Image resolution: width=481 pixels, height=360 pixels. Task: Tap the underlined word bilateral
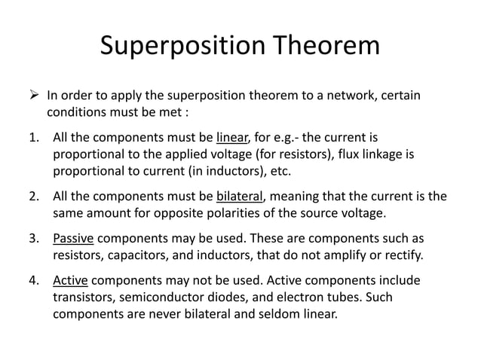[240, 197]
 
